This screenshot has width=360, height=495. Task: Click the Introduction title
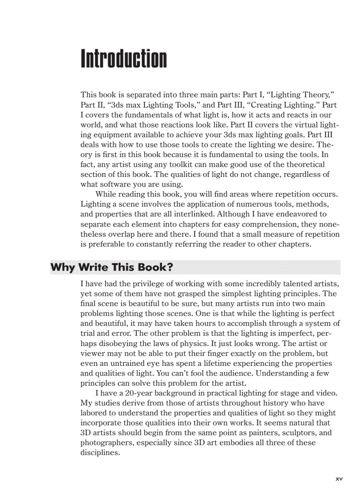124,59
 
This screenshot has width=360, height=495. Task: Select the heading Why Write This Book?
111,267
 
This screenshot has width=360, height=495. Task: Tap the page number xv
339,478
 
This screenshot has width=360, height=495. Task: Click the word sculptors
303,433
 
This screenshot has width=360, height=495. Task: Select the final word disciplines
100,453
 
